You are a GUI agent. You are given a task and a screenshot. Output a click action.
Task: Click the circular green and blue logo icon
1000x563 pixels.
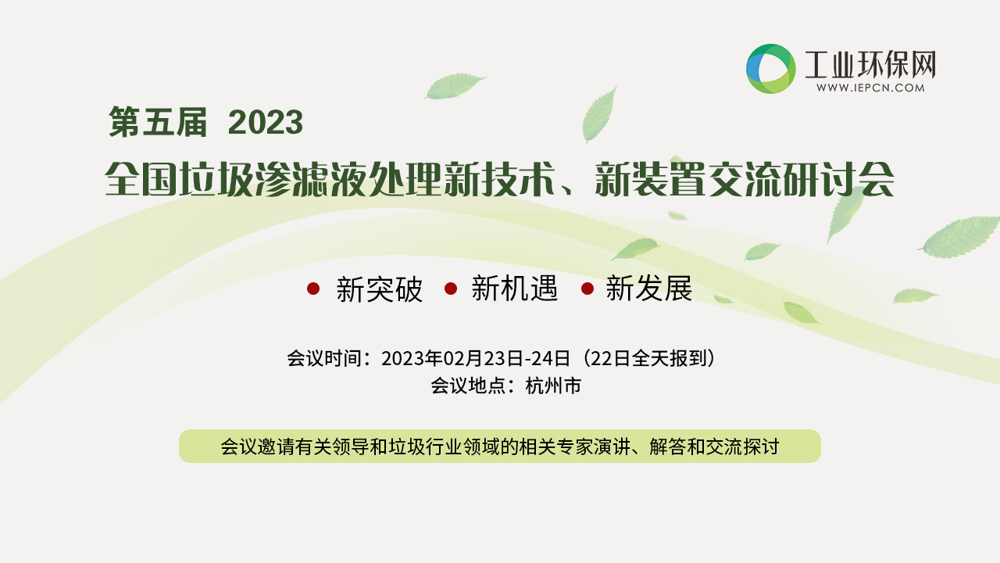770,68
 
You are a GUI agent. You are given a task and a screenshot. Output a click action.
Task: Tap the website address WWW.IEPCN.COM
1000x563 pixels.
870,88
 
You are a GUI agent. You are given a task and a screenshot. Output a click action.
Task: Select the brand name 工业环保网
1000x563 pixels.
870,65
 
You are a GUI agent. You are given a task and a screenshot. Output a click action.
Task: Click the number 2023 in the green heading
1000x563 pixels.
266,122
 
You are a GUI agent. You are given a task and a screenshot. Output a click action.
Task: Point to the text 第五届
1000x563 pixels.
158,122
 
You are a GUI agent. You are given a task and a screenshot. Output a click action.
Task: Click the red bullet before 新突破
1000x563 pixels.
313,289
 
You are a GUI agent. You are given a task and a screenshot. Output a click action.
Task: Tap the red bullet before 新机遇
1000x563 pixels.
451,289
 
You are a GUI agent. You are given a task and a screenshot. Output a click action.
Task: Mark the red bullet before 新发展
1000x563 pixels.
587,289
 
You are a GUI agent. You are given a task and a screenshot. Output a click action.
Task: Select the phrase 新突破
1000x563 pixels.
380,289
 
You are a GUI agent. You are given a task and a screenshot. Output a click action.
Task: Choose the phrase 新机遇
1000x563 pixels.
515,289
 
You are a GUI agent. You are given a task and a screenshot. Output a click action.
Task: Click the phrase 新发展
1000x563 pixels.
648,289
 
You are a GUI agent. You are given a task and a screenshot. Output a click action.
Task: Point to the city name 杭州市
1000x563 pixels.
554,386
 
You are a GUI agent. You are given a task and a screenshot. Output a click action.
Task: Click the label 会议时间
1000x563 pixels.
324,358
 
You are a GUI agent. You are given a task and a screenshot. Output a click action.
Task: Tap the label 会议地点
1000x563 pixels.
468,386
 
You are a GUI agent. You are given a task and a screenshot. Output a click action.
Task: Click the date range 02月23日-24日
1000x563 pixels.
507,358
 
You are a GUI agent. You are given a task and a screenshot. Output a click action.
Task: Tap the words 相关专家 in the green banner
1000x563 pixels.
555,446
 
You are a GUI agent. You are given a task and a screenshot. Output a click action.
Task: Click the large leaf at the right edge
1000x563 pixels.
960,237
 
